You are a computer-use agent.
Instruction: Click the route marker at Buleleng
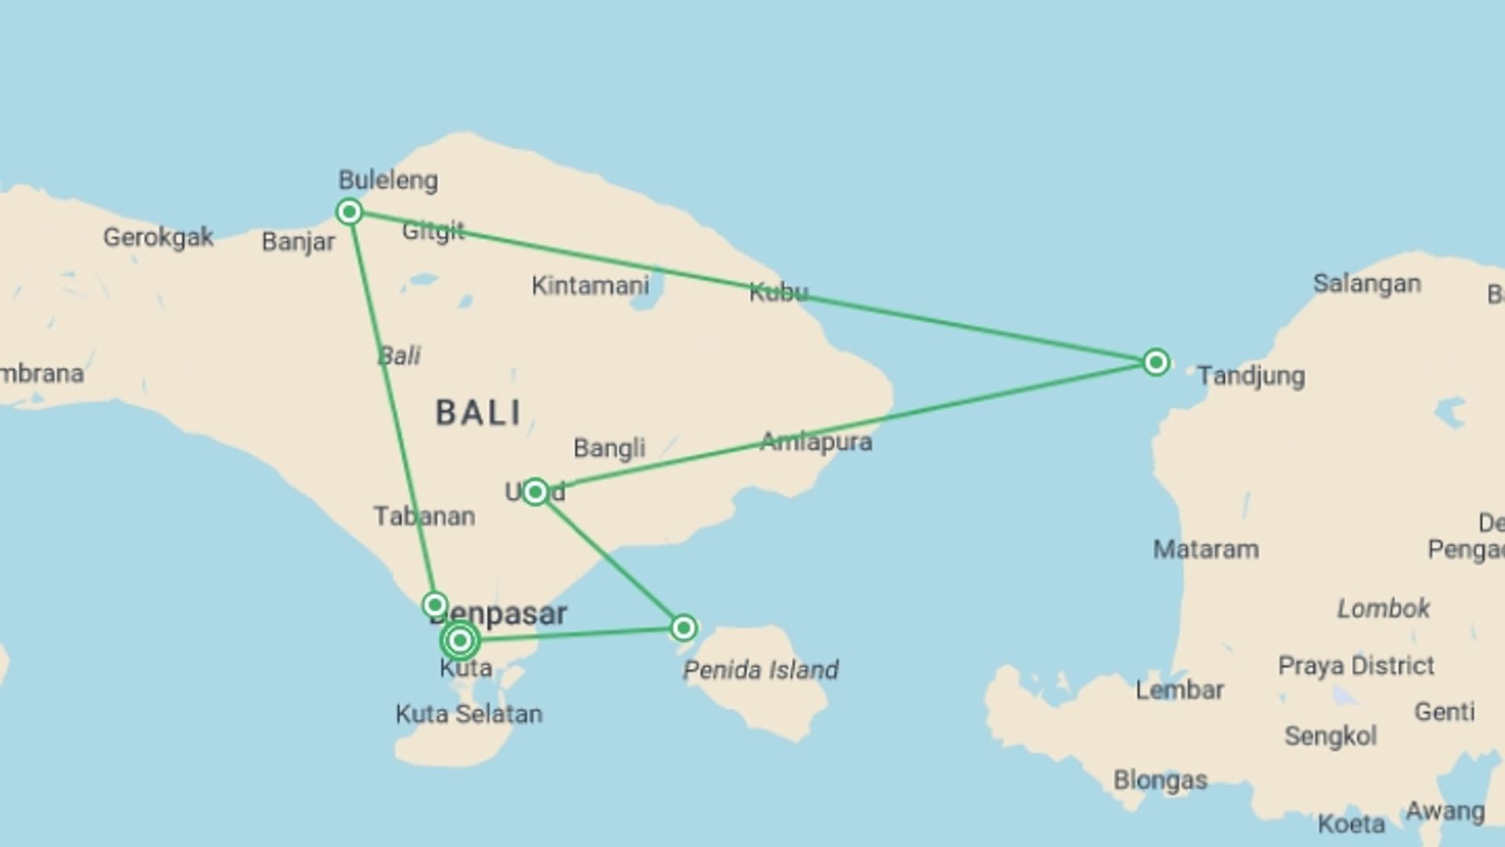click(x=350, y=212)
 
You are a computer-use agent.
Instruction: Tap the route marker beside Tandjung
click(x=1155, y=362)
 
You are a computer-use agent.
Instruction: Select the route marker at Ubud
click(x=535, y=492)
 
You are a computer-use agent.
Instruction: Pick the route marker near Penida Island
click(x=684, y=627)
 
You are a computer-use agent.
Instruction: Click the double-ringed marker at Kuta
click(x=460, y=641)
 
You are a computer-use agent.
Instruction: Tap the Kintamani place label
click(x=590, y=285)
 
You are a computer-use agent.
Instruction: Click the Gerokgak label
click(x=158, y=237)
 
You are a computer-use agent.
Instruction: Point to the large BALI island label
click(x=479, y=413)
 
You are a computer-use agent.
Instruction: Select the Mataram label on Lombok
click(x=1206, y=549)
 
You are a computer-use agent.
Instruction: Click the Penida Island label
click(x=760, y=670)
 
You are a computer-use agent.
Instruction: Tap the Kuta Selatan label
click(x=469, y=714)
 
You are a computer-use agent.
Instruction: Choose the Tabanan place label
click(x=424, y=516)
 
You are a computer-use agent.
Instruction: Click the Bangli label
click(x=609, y=448)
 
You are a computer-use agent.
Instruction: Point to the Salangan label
click(x=1367, y=283)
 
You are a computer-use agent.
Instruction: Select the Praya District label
click(x=1356, y=666)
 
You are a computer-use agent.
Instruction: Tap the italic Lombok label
click(x=1384, y=608)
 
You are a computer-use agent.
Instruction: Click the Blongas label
click(x=1160, y=780)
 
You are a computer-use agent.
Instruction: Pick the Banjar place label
click(x=298, y=242)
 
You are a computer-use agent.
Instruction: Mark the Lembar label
click(x=1180, y=690)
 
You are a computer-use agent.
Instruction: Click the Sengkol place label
click(x=1330, y=736)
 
